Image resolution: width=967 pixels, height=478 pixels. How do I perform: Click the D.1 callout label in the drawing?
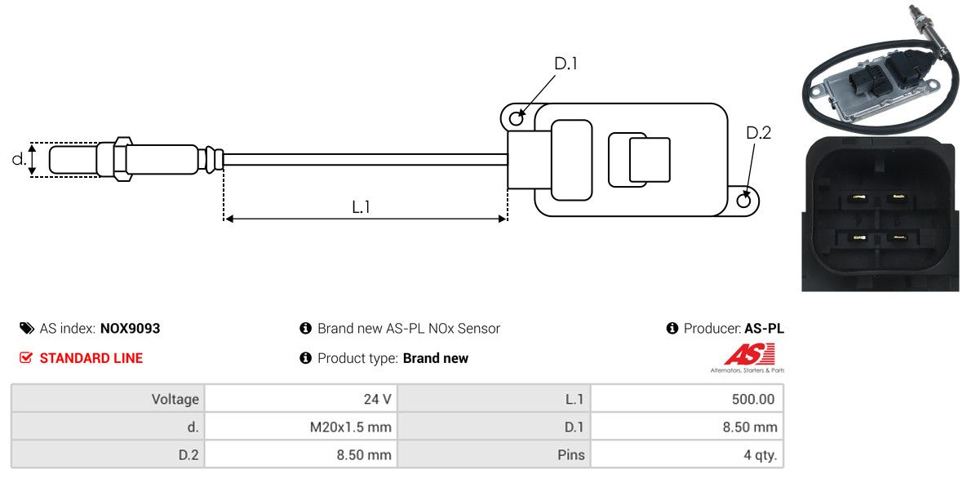click(566, 64)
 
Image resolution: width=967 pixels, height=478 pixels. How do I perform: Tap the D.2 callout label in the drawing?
click(758, 133)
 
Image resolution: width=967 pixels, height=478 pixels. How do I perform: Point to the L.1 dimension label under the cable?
click(362, 207)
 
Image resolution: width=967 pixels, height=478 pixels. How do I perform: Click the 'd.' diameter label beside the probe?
click(18, 159)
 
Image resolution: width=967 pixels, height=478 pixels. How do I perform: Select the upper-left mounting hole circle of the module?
click(516, 119)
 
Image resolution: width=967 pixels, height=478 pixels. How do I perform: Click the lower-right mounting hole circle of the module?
click(744, 200)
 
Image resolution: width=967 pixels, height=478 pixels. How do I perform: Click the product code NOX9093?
click(130, 329)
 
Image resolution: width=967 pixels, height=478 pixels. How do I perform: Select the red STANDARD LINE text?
click(91, 358)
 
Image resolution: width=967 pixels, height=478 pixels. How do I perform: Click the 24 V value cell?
click(376, 399)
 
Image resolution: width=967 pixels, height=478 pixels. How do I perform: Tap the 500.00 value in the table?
click(753, 399)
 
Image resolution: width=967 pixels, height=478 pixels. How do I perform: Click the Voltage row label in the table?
click(175, 399)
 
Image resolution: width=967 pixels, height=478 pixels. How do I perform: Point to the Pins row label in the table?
click(571, 454)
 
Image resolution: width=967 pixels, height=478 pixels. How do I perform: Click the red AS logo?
click(749, 355)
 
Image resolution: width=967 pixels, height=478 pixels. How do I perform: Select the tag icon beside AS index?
click(26, 329)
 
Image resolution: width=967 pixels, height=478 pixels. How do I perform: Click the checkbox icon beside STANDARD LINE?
click(26, 358)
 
